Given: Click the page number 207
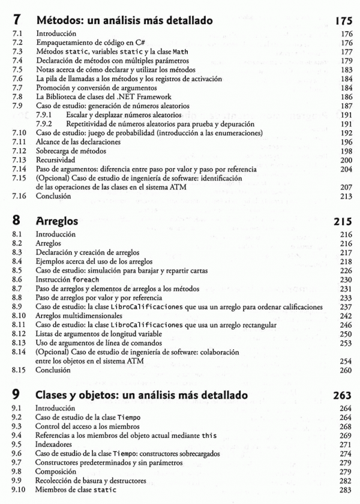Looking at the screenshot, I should pos(345,187).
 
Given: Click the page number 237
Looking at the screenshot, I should pos(345,307).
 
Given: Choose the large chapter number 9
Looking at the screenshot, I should pos(17,396).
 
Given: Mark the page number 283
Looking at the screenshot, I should pos(345,490).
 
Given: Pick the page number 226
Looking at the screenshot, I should pos(345,271).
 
